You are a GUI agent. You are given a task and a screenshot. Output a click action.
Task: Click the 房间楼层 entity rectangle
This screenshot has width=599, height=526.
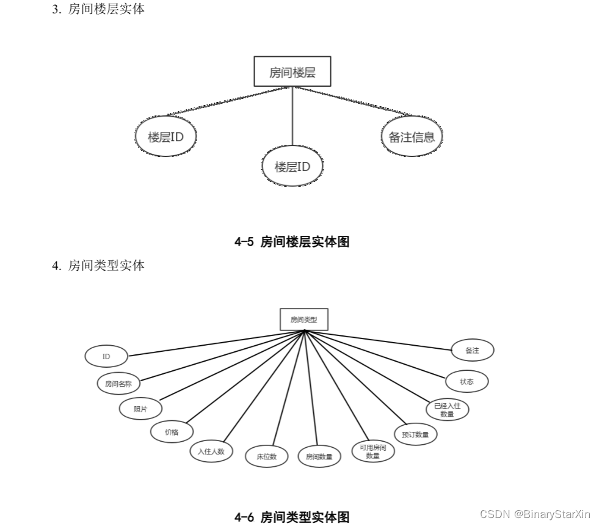292,72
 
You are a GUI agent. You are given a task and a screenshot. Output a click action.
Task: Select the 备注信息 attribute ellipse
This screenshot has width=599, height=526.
412,137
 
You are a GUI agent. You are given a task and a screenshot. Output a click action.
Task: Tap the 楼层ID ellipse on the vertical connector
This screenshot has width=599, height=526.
292,166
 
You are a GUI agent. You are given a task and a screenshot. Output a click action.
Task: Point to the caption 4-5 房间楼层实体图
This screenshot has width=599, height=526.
292,242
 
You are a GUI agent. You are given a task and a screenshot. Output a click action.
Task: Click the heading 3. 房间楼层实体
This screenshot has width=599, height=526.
98,9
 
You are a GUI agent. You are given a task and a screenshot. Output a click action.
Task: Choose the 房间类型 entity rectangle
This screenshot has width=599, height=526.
303,319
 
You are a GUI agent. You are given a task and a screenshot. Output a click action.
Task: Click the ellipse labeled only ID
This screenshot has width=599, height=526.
106,356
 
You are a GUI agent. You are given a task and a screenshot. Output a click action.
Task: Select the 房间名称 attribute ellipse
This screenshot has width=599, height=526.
118,384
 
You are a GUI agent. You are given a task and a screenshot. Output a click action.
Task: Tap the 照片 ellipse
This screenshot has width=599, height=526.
140,409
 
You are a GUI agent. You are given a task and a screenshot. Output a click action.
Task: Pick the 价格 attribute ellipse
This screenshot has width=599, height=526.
172,431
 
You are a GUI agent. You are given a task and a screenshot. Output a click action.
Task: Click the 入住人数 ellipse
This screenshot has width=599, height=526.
211,451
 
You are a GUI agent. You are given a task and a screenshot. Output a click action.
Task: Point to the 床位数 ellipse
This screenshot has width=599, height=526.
267,456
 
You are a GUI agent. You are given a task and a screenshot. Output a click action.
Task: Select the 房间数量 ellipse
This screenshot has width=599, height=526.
319,456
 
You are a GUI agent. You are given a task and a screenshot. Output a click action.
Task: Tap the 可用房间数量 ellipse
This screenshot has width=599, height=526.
373,451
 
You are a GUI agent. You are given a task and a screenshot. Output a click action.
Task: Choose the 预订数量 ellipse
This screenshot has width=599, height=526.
415,435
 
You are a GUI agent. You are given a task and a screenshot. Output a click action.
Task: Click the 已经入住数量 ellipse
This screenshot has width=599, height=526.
447,409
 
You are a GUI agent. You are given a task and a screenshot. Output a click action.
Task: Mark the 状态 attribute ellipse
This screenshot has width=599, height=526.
467,381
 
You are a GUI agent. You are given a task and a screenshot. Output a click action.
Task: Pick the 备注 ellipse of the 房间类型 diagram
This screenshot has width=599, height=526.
472,351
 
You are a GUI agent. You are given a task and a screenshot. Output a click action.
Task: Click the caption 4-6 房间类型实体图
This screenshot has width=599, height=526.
292,517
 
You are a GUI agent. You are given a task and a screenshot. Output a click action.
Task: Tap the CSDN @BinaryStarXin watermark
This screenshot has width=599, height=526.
535,514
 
